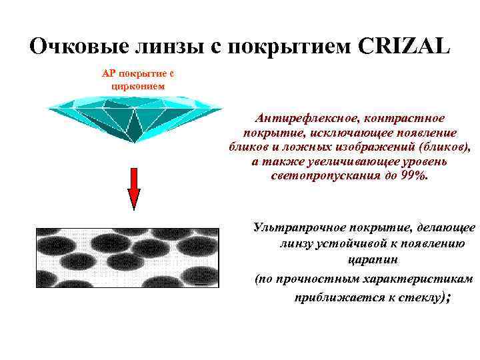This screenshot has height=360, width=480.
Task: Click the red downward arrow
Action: [x=134, y=188]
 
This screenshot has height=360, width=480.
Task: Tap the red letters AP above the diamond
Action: [x=109, y=73]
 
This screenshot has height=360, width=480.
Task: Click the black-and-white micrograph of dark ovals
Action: [x=127, y=267]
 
